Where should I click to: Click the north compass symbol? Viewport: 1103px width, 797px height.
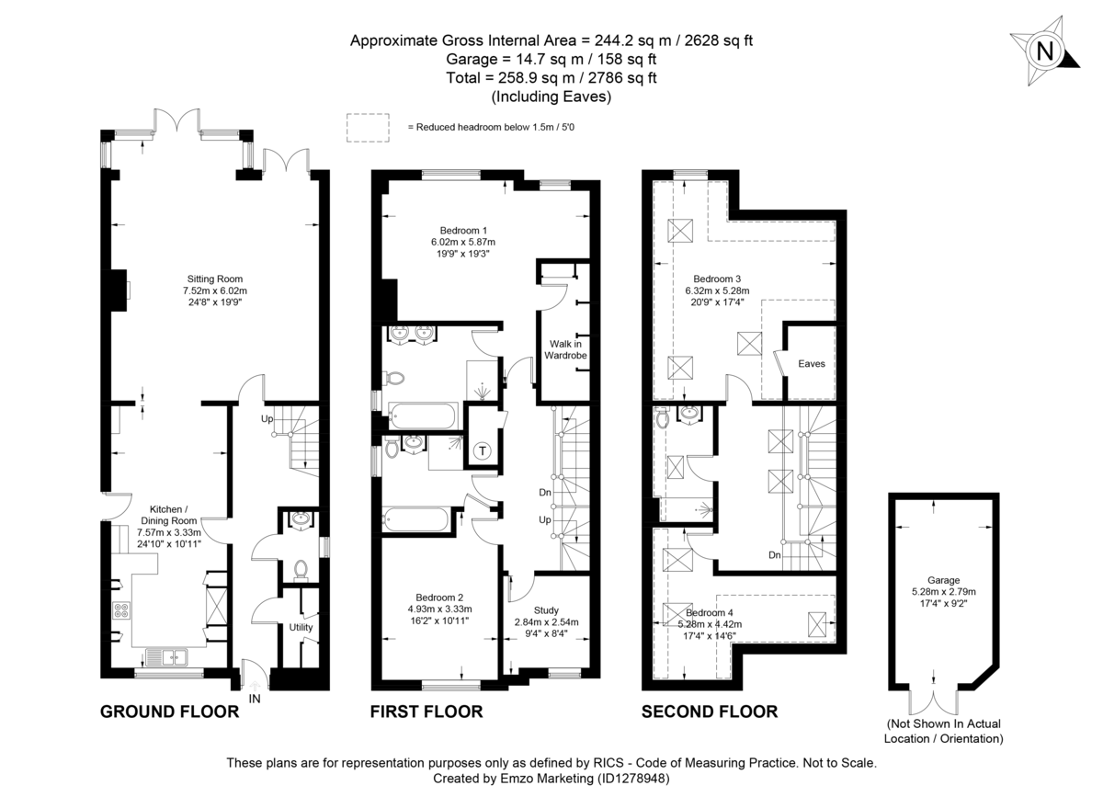coord(1044,51)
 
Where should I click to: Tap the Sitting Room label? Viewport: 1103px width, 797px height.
coord(214,279)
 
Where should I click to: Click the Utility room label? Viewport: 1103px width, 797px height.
coord(301,628)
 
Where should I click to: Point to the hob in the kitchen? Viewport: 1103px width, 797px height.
coord(121,609)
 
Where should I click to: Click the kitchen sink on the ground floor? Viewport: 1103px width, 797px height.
coord(166,656)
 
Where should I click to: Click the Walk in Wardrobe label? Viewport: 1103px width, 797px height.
coord(563,348)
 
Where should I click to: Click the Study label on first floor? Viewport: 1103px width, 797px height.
coord(546,609)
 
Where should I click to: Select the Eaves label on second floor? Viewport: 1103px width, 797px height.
coord(812,364)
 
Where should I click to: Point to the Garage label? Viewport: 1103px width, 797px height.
coord(943,580)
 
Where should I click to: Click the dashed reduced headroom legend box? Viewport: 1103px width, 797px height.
coord(366,126)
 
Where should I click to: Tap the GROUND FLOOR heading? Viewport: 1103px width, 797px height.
coord(169,712)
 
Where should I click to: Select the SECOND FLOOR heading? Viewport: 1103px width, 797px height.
coord(709,712)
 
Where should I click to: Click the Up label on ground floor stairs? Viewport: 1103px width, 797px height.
coord(267,418)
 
